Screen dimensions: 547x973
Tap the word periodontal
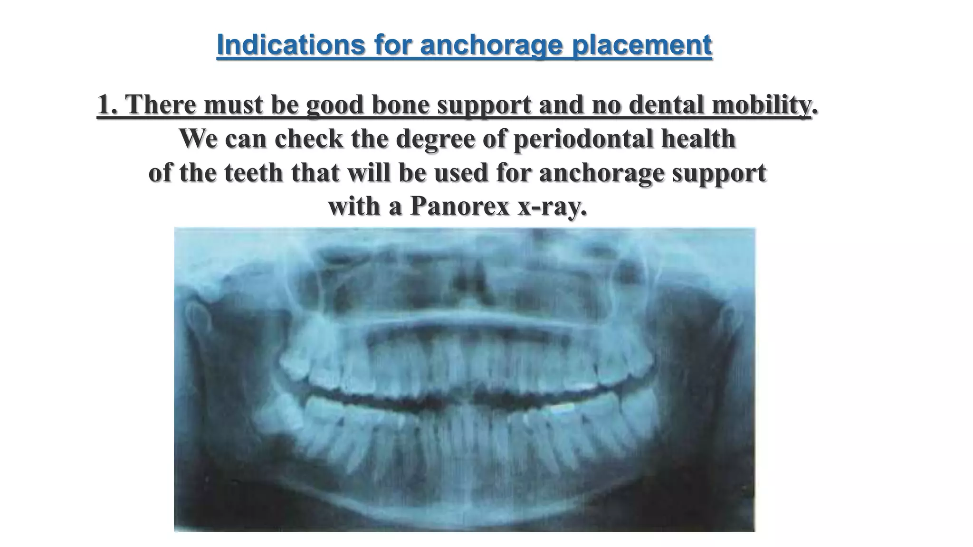[578, 139]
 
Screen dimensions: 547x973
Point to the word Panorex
[459, 206]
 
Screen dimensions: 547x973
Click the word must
[233, 104]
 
